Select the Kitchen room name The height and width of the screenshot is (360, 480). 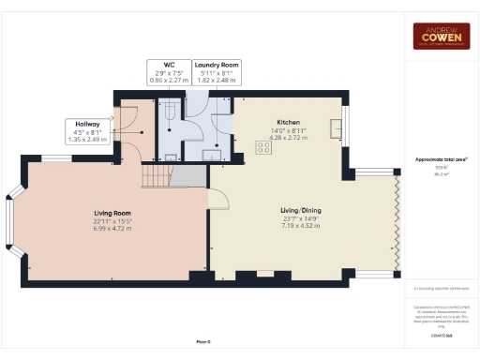click(288, 123)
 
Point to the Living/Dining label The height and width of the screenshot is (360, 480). click(301, 211)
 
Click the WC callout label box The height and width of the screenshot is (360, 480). click(168, 72)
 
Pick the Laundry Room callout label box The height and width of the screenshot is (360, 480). click(217, 72)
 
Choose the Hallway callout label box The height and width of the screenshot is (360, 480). click(88, 129)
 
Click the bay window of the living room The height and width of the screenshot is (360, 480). click(11, 223)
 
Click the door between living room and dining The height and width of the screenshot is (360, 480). click(217, 198)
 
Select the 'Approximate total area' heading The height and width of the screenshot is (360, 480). click(442, 160)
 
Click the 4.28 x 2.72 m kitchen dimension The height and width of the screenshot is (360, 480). click(288, 137)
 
